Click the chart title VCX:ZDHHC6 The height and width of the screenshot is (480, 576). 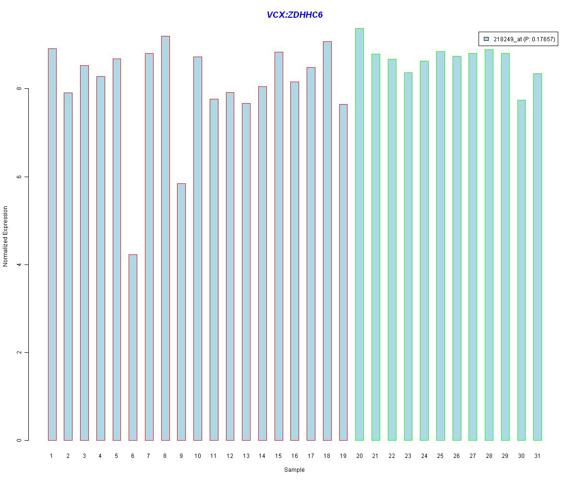coord(294,15)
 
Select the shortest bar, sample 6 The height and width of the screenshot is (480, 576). coord(133,347)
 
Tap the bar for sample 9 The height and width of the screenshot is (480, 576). coord(181,312)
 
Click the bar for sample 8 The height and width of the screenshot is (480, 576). coord(165,238)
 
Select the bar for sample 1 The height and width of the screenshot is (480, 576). coord(52,244)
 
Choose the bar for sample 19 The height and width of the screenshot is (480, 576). coord(343,272)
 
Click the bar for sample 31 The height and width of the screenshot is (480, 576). coord(538,257)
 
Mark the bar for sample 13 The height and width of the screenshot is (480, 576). coord(246,272)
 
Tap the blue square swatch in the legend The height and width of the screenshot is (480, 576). coord(486,39)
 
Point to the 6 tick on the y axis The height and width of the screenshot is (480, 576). coord(19,177)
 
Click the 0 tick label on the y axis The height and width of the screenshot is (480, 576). coord(19,440)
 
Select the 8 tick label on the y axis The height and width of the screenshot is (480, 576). coord(19,89)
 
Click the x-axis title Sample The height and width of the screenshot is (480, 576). coord(294,470)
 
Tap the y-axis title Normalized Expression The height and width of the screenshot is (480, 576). coord(6,236)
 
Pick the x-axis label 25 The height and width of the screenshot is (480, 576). coord(440,456)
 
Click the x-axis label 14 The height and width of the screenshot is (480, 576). coord(262,456)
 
